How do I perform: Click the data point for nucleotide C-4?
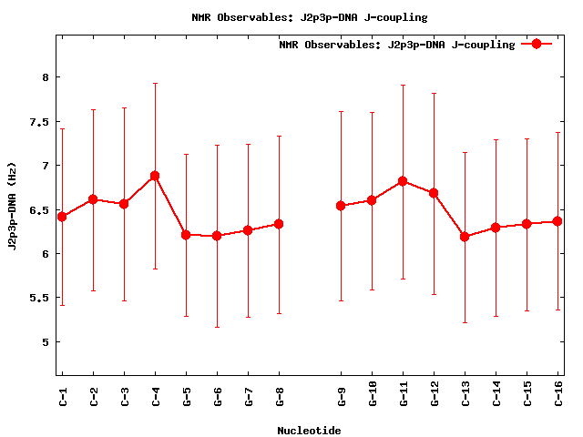click(x=155, y=175)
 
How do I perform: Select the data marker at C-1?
click(x=62, y=217)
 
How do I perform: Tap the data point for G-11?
click(x=403, y=181)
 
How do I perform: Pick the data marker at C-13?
click(x=465, y=237)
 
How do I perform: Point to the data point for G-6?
click(x=217, y=236)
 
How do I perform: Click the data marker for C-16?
click(x=557, y=221)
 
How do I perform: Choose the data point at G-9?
click(x=341, y=206)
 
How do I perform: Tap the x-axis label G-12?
click(x=434, y=397)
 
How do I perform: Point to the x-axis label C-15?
click(x=527, y=397)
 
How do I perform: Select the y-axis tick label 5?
click(x=45, y=342)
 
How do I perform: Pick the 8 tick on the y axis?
click(x=45, y=77)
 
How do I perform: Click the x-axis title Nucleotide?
click(x=309, y=431)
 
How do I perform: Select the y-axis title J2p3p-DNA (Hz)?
click(x=13, y=210)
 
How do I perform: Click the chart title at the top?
click(x=309, y=16)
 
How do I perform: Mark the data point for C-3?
click(x=124, y=204)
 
